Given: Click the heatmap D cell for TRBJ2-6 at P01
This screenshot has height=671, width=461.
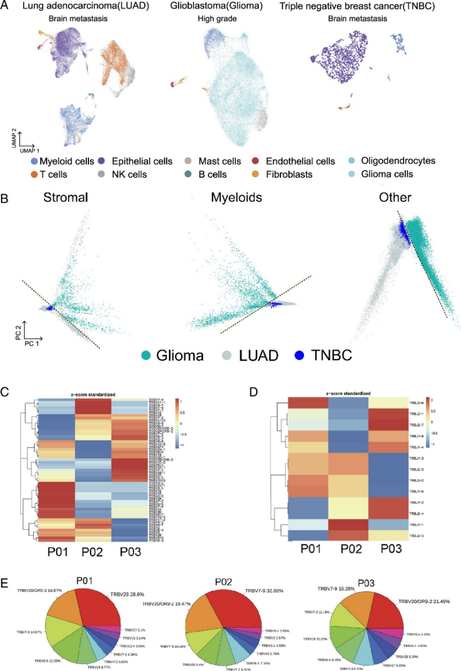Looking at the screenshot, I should (307, 402).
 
